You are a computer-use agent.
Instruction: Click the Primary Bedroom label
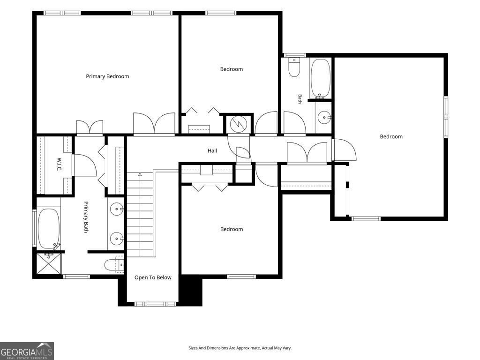coord(107,76)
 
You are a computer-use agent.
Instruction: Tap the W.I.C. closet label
coord(59,165)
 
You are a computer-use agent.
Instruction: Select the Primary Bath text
coord(86,217)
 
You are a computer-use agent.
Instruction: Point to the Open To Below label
coord(153,277)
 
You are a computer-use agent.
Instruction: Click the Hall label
coord(212,150)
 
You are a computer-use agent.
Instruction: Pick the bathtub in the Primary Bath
coord(49,229)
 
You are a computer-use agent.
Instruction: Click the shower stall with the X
coord(49,263)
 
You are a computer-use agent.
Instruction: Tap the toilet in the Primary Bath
coord(114,264)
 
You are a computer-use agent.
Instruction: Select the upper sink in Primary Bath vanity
coord(117,210)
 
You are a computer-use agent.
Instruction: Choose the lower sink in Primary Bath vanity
coord(117,238)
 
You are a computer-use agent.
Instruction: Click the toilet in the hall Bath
coord(294,67)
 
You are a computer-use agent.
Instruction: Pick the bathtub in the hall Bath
coord(320,78)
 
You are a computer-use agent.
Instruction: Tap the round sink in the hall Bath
coord(324,117)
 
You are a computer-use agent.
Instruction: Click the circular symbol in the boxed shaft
coord(238,124)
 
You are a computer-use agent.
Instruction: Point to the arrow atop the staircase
coord(140,174)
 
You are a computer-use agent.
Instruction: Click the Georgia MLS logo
coord(27,351)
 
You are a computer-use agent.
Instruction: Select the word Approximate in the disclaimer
coord(249,348)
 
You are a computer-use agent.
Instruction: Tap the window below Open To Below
coord(156,304)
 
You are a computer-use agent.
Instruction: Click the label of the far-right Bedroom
coord(391,136)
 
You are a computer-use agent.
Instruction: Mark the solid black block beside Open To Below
coord(190,290)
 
